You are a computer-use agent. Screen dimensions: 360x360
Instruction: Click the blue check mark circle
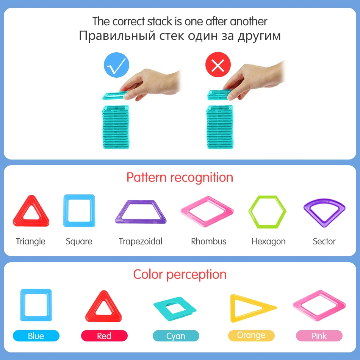click(117, 66)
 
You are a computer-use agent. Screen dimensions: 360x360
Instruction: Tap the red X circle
click(218, 66)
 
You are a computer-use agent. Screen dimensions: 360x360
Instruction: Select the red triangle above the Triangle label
click(31, 212)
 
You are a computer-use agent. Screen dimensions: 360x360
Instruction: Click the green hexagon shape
click(268, 212)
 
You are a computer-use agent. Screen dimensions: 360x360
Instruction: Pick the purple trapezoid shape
click(141, 212)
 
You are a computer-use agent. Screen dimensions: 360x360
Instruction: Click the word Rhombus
click(209, 241)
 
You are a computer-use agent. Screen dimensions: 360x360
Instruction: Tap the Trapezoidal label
click(140, 241)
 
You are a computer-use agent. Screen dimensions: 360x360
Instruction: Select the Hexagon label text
click(268, 241)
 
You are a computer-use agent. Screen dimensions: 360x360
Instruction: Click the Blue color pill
click(36, 336)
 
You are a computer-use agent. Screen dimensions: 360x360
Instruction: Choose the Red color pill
click(104, 336)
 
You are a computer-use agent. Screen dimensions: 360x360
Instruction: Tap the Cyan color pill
click(176, 336)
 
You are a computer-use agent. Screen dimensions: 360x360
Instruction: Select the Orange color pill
click(251, 335)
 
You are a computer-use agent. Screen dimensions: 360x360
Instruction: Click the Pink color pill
click(319, 336)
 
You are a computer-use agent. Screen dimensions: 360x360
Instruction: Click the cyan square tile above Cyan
click(175, 308)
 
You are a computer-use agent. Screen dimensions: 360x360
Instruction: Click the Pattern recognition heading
click(180, 177)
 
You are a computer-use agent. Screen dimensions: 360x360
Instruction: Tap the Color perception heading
click(180, 274)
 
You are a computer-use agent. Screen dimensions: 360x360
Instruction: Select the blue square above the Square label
click(79, 211)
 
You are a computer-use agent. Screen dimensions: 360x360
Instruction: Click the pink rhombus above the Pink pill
click(319, 305)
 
